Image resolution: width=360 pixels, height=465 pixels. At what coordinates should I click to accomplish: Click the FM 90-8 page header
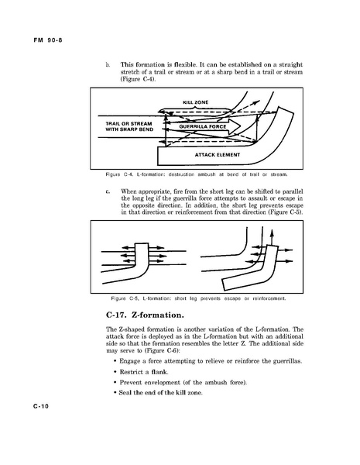pyautogui.click(x=48, y=40)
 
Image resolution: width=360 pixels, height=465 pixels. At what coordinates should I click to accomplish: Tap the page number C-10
pyautogui.click(x=41, y=406)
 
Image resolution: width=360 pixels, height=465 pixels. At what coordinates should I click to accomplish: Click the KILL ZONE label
pyautogui.click(x=196, y=102)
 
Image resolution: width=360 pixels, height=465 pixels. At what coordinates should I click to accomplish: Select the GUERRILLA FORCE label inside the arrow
pyautogui.click(x=203, y=126)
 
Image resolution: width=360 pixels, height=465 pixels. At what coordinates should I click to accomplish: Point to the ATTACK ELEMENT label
pyautogui.click(x=218, y=155)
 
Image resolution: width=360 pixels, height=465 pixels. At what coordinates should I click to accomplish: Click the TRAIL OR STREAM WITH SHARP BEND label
pyautogui.click(x=129, y=126)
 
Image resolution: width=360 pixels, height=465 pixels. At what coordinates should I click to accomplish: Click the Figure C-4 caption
pyautogui.click(x=197, y=174)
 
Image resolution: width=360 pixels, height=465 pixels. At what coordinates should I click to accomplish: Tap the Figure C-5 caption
pyautogui.click(x=198, y=298)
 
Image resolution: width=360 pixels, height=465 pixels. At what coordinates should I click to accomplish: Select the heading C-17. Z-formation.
pyautogui.click(x=145, y=315)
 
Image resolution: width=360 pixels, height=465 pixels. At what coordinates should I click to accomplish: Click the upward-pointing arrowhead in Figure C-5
pyautogui.click(x=272, y=232)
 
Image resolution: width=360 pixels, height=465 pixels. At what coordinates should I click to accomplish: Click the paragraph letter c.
pyautogui.click(x=108, y=191)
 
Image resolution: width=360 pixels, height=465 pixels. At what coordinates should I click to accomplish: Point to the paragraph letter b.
pyautogui.click(x=108, y=64)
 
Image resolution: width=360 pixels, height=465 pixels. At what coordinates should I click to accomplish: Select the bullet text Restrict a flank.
pyautogui.click(x=144, y=371)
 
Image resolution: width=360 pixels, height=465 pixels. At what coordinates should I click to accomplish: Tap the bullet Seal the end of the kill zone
pyautogui.click(x=160, y=393)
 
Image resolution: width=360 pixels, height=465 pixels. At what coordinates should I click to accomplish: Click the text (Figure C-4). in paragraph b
pyautogui.click(x=138, y=79)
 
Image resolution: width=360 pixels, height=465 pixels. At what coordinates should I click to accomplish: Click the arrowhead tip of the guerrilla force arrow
pyautogui.click(x=241, y=126)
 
